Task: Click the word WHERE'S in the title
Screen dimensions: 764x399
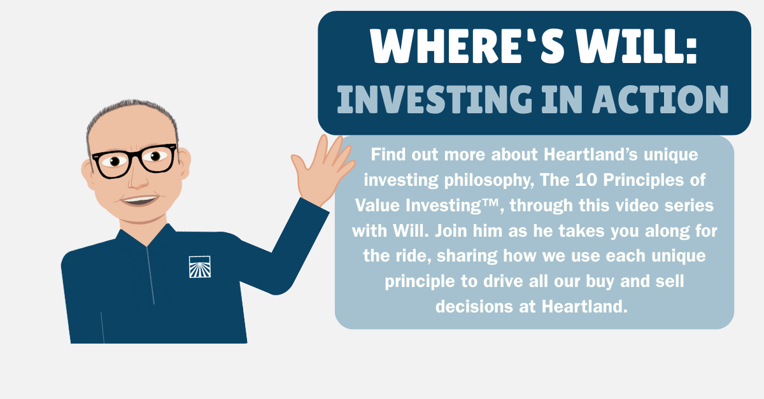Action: [x=467, y=46]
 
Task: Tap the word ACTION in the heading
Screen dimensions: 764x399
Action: [x=660, y=99]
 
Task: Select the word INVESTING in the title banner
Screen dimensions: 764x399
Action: [x=434, y=99]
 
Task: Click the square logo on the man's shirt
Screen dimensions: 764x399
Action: [x=200, y=267]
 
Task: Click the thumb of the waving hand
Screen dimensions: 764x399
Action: [x=299, y=164]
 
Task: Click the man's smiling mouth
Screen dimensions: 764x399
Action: [x=140, y=200]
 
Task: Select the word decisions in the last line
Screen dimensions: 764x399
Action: [x=474, y=306]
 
